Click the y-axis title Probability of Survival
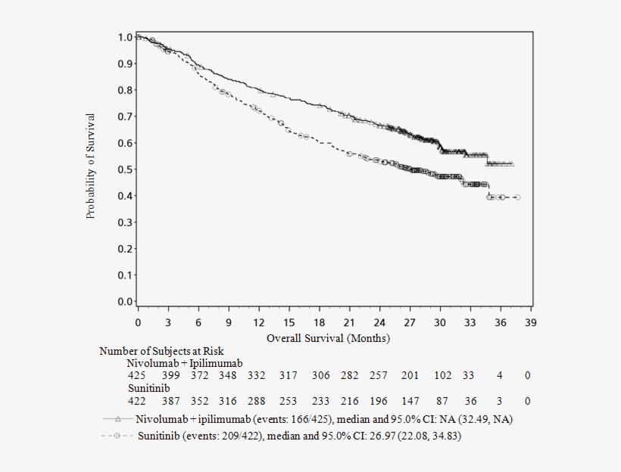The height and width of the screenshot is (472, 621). [91, 166]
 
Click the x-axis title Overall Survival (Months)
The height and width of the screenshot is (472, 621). [328, 338]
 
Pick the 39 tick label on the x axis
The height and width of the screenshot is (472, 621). [530, 322]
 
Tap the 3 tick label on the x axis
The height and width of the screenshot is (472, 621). [168, 322]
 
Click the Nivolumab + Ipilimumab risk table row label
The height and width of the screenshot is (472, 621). [184, 364]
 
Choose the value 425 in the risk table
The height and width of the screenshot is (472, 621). [136, 376]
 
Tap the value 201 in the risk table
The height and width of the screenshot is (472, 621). [410, 376]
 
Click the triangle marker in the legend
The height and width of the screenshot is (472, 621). [117, 418]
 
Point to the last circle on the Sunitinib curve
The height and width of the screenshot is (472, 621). [517, 197]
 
